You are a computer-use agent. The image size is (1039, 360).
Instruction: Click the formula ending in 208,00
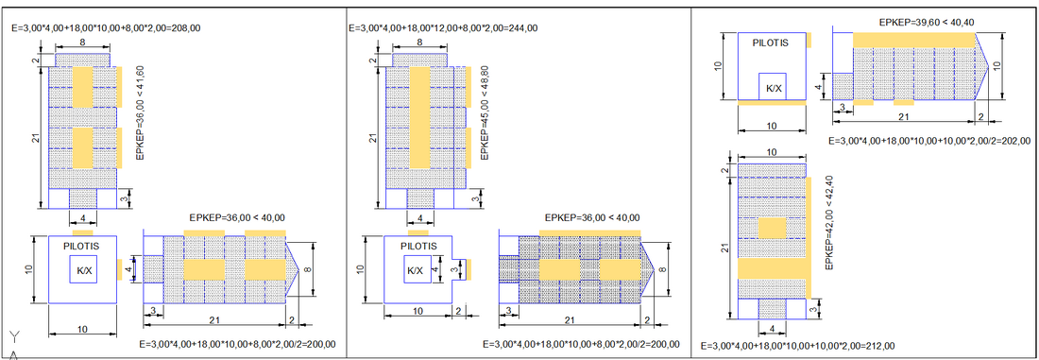[107, 27]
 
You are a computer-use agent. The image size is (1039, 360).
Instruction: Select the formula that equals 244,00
[443, 27]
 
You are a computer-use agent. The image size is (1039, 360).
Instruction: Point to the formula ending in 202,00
[930, 141]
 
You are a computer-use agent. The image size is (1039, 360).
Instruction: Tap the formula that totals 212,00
[798, 346]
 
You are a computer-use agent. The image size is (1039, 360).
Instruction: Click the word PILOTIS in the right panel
[772, 43]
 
